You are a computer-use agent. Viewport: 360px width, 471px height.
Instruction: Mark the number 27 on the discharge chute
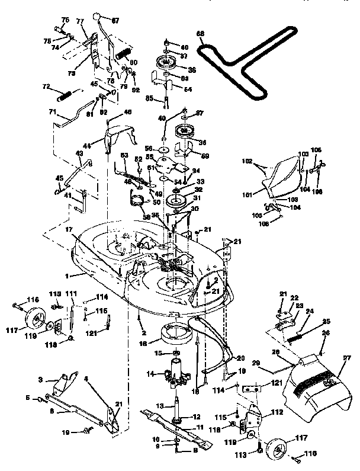coord(347,358)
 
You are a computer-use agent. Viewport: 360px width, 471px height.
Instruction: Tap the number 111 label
coord(71,294)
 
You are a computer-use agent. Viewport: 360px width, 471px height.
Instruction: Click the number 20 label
coord(240,357)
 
